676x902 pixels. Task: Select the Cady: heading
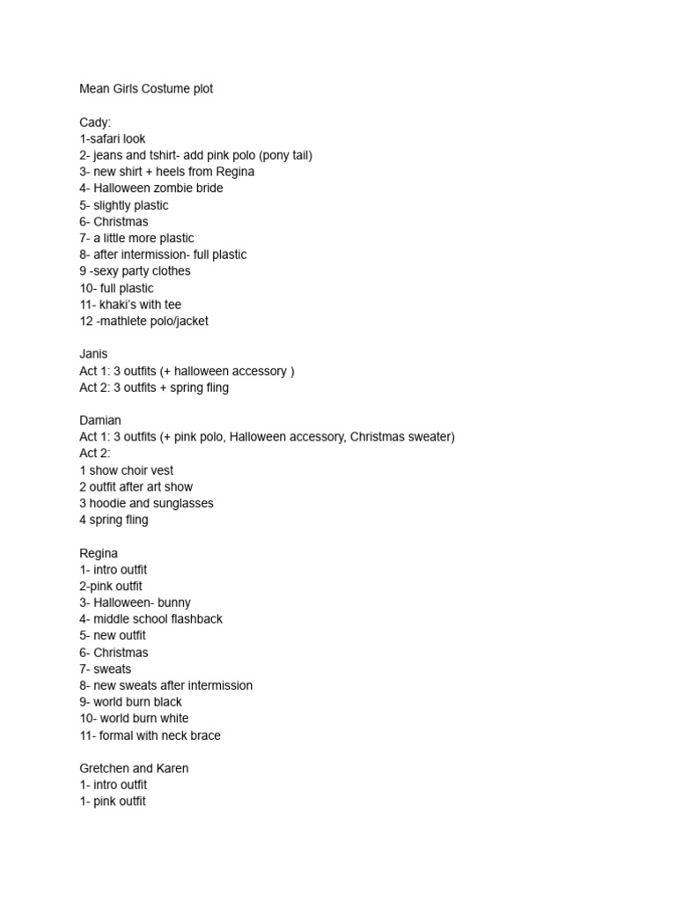pyautogui.click(x=95, y=122)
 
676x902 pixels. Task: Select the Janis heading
pyautogui.click(x=93, y=354)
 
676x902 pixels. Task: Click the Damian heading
pyautogui.click(x=100, y=420)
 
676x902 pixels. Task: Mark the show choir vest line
pyautogui.click(x=126, y=470)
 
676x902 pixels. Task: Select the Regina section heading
pyautogui.click(x=99, y=553)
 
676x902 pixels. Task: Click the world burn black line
pyautogui.click(x=130, y=702)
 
